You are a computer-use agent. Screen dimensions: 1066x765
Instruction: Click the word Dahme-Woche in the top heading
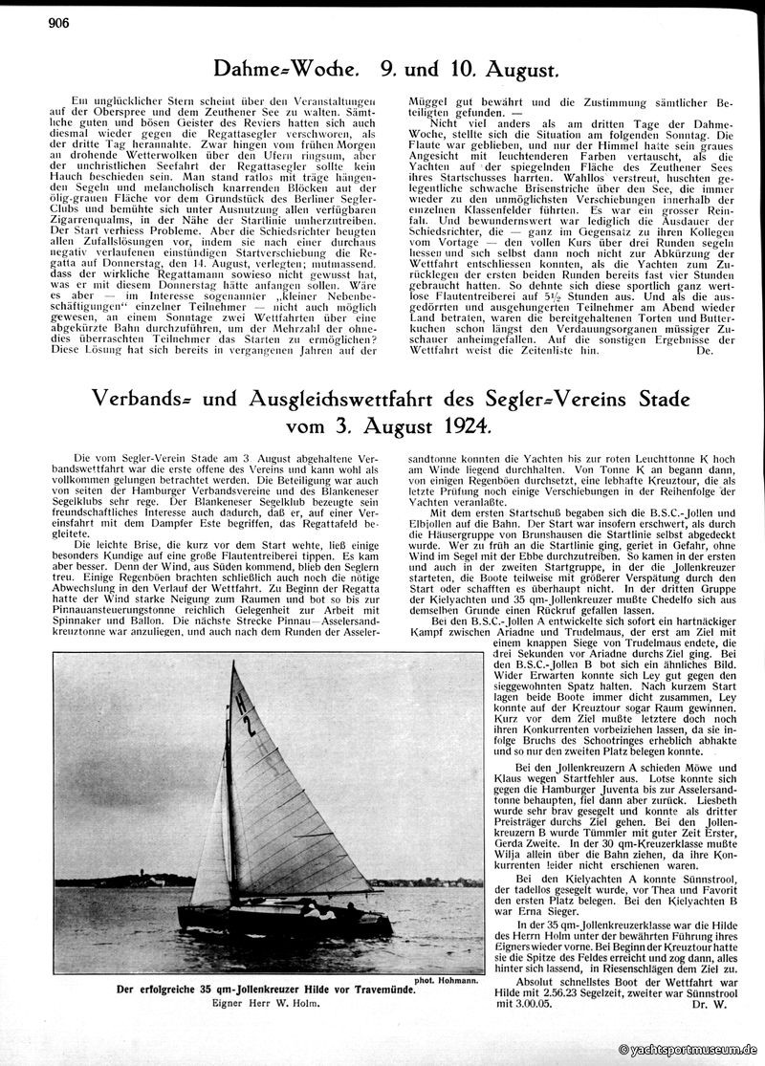point(274,70)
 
